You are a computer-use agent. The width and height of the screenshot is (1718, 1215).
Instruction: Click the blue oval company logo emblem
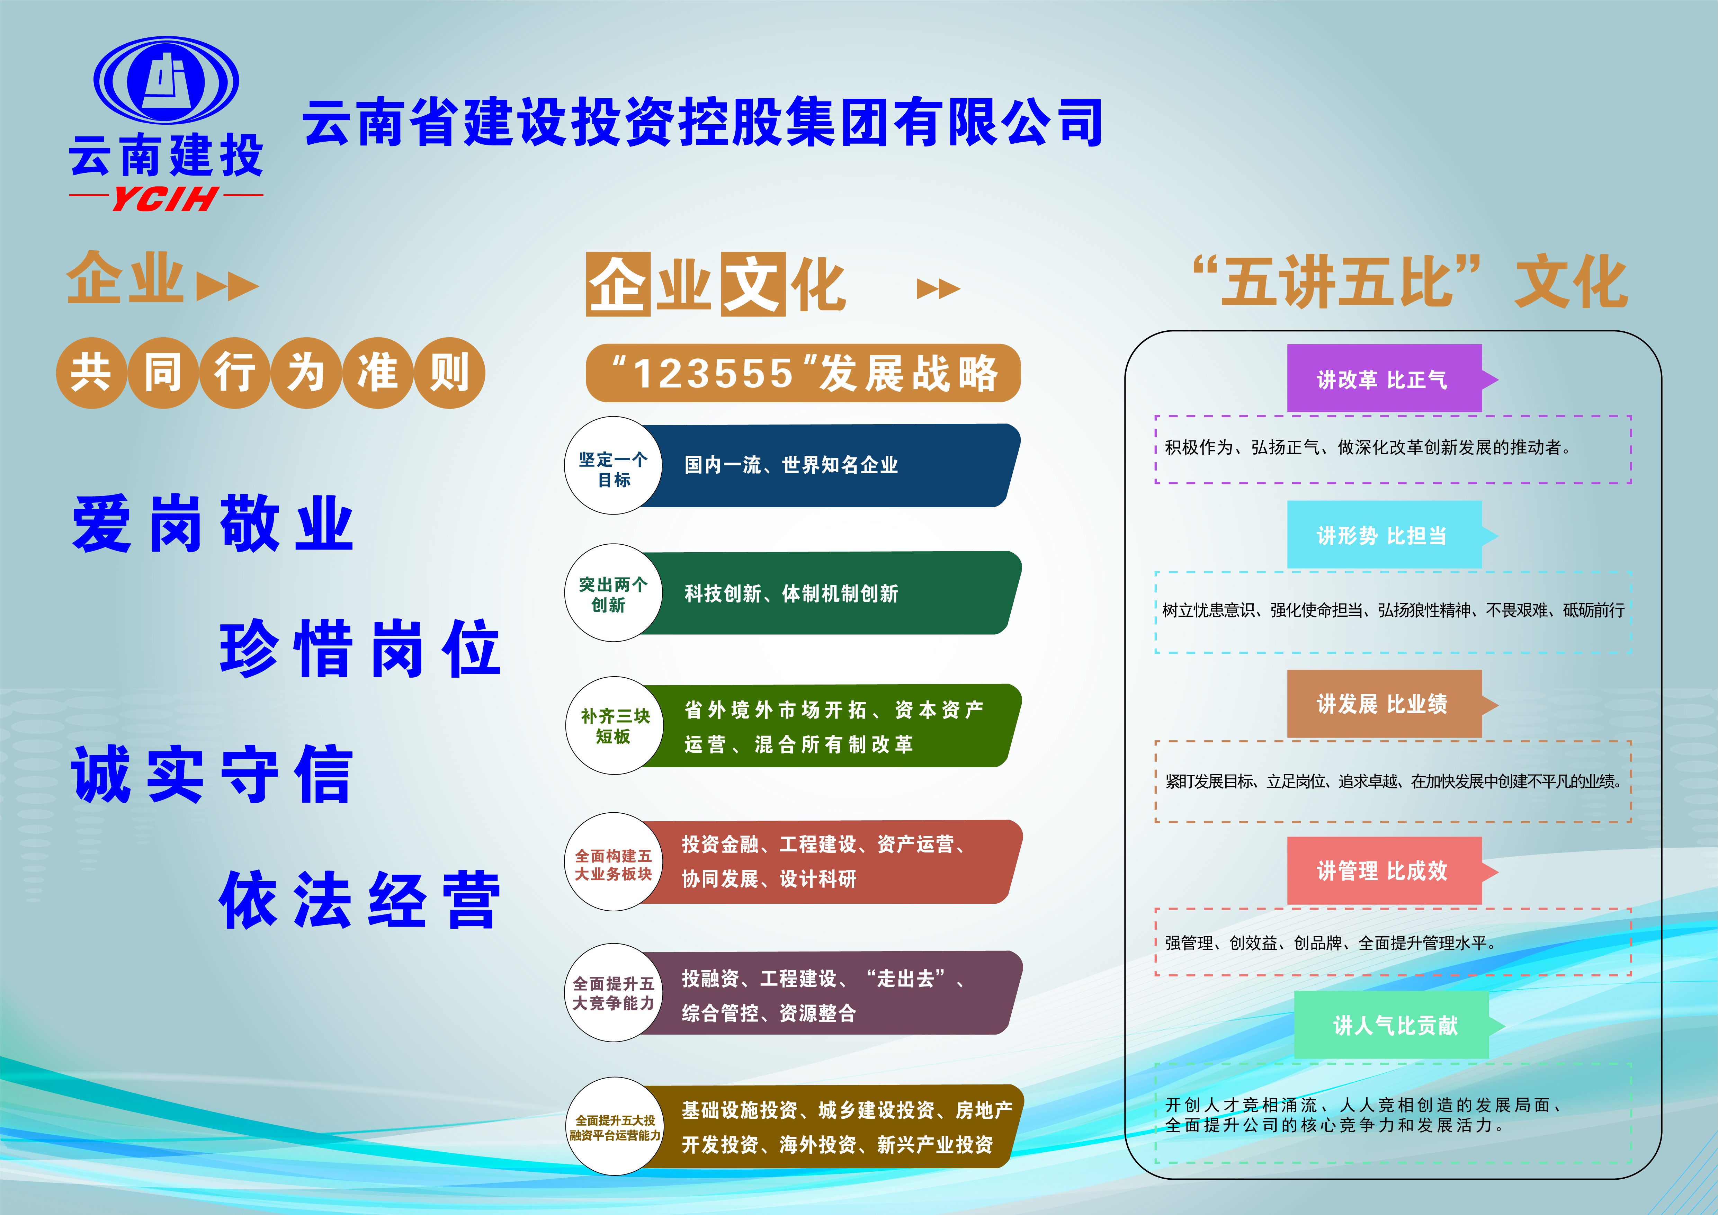click(x=166, y=80)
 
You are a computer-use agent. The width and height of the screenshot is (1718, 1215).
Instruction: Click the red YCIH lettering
click(x=165, y=199)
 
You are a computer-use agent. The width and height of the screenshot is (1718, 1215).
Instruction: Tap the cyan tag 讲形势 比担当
click(x=1392, y=535)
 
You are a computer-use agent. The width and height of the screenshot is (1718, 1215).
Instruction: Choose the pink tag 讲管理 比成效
click(x=1392, y=870)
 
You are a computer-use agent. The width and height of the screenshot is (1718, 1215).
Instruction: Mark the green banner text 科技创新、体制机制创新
click(x=791, y=593)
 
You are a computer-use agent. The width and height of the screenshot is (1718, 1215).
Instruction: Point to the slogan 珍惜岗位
click(x=360, y=648)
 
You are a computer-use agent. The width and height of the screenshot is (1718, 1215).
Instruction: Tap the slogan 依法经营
click(x=360, y=899)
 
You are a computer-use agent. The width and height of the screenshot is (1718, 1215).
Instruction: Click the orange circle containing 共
click(x=91, y=373)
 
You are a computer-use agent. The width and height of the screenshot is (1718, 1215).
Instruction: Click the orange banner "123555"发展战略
click(x=803, y=373)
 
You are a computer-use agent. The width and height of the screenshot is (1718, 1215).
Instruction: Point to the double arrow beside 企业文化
click(x=938, y=288)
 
